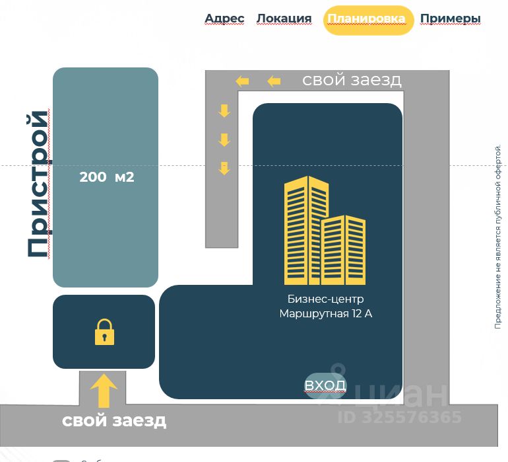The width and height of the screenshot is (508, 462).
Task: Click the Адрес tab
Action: click(x=224, y=19)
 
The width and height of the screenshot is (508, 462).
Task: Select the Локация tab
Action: click(x=284, y=19)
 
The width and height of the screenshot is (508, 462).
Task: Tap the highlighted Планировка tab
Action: click(x=367, y=19)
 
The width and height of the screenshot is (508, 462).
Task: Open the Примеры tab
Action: click(x=451, y=19)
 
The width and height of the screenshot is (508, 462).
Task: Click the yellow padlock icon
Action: click(x=104, y=332)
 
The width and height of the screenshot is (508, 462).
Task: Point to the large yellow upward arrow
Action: click(x=104, y=391)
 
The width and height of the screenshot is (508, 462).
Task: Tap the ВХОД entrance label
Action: click(x=325, y=385)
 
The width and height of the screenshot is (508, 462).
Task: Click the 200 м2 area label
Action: click(x=106, y=177)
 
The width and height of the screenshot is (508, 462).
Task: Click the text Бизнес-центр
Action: click(x=325, y=299)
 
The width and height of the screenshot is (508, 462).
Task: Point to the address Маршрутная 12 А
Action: click(x=325, y=313)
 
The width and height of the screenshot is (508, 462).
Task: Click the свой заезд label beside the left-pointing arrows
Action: click(x=352, y=80)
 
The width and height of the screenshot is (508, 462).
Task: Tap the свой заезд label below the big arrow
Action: click(x=114, y=420)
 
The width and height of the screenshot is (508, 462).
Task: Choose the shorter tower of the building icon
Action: click(x=344, y=250)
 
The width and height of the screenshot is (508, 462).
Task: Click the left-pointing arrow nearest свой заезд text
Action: click(x=274, y=81)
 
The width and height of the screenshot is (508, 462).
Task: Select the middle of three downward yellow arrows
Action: click(x=224, y=139)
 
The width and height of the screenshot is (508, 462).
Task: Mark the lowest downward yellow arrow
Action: click(x=224, y=168)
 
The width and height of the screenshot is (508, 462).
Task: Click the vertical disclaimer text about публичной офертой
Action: click(x=499, y=237)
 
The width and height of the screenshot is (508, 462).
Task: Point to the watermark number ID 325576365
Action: click(x=400, y=417)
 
